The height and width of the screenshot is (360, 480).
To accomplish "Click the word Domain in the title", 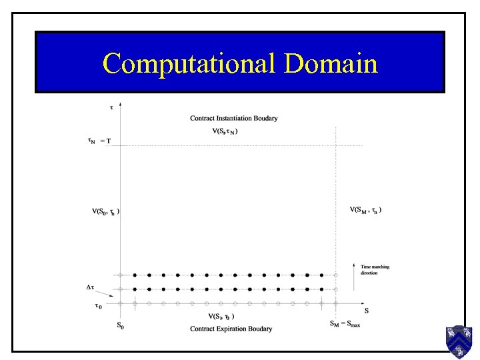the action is (x=331, y=63).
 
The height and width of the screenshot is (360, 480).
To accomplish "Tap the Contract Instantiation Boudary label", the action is (x=233, y=119).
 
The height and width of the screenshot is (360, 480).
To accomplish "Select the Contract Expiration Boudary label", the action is (x=231, y=329).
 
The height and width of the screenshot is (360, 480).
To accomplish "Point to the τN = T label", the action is (x=99, y=141).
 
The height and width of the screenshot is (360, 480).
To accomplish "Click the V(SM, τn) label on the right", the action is (x=365, y=210).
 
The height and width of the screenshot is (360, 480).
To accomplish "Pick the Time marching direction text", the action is (x=375, y=270).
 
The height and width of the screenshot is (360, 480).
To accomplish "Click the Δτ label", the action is (x=91, y=287).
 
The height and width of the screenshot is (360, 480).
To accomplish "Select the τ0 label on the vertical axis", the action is (x=97, y=307).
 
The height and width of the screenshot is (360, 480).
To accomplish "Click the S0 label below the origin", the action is (x=120, y=326).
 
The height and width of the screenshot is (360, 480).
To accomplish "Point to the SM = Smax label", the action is (x=345, y=325).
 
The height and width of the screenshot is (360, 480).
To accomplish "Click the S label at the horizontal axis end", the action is (x=366, y=311).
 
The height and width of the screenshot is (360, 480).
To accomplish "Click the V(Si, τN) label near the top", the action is (x=225, y=131).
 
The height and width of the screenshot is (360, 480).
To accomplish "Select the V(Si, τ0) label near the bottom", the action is (x=221, y=317).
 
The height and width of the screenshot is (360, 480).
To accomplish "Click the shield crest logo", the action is (x=459, y=341).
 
